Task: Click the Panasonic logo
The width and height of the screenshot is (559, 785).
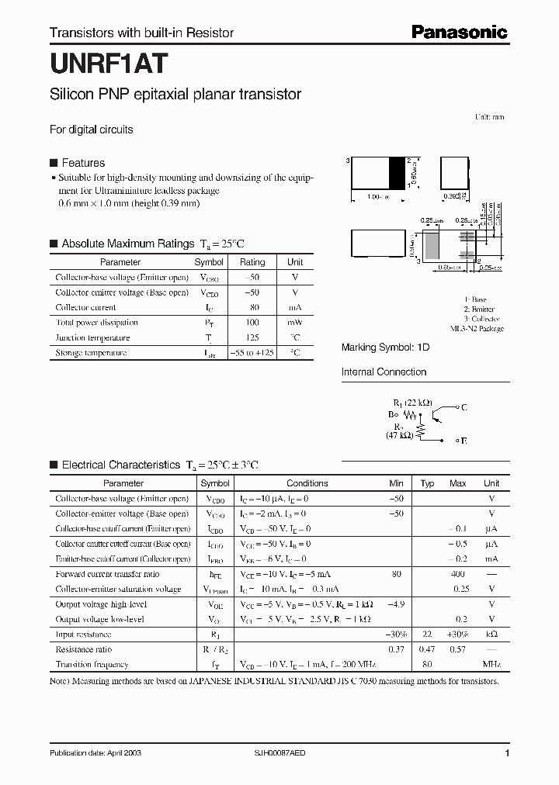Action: [x=459, y=32]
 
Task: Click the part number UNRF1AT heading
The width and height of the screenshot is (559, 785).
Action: [x=105, y=61]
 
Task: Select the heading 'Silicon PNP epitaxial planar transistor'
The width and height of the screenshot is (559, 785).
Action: [x=175, y=95]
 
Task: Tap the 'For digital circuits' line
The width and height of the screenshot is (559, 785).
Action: [x=91, y=130]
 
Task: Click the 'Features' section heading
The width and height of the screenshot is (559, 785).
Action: [x=83, y=163]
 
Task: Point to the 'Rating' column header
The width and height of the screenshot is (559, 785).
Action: [x=252, y=262]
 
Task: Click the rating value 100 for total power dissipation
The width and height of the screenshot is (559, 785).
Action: [x=252, y=323]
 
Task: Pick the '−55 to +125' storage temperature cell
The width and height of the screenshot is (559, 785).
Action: [x=252, y=353]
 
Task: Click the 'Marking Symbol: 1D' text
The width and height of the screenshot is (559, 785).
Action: [x=385, y=348]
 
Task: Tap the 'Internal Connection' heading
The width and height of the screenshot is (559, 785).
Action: [x=384, y=372]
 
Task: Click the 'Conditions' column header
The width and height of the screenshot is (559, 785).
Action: [x=307, y=483]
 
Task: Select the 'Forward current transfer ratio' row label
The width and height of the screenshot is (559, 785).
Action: [x=107, y=574]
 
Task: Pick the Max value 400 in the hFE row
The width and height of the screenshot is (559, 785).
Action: [x=457, y=574]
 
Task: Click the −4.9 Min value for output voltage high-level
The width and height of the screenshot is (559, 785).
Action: [x=396, y=604]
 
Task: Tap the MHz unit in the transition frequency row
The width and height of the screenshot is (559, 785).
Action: [x=491, y=665]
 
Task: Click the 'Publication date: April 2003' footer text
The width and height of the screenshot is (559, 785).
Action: [x=95, y=753]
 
